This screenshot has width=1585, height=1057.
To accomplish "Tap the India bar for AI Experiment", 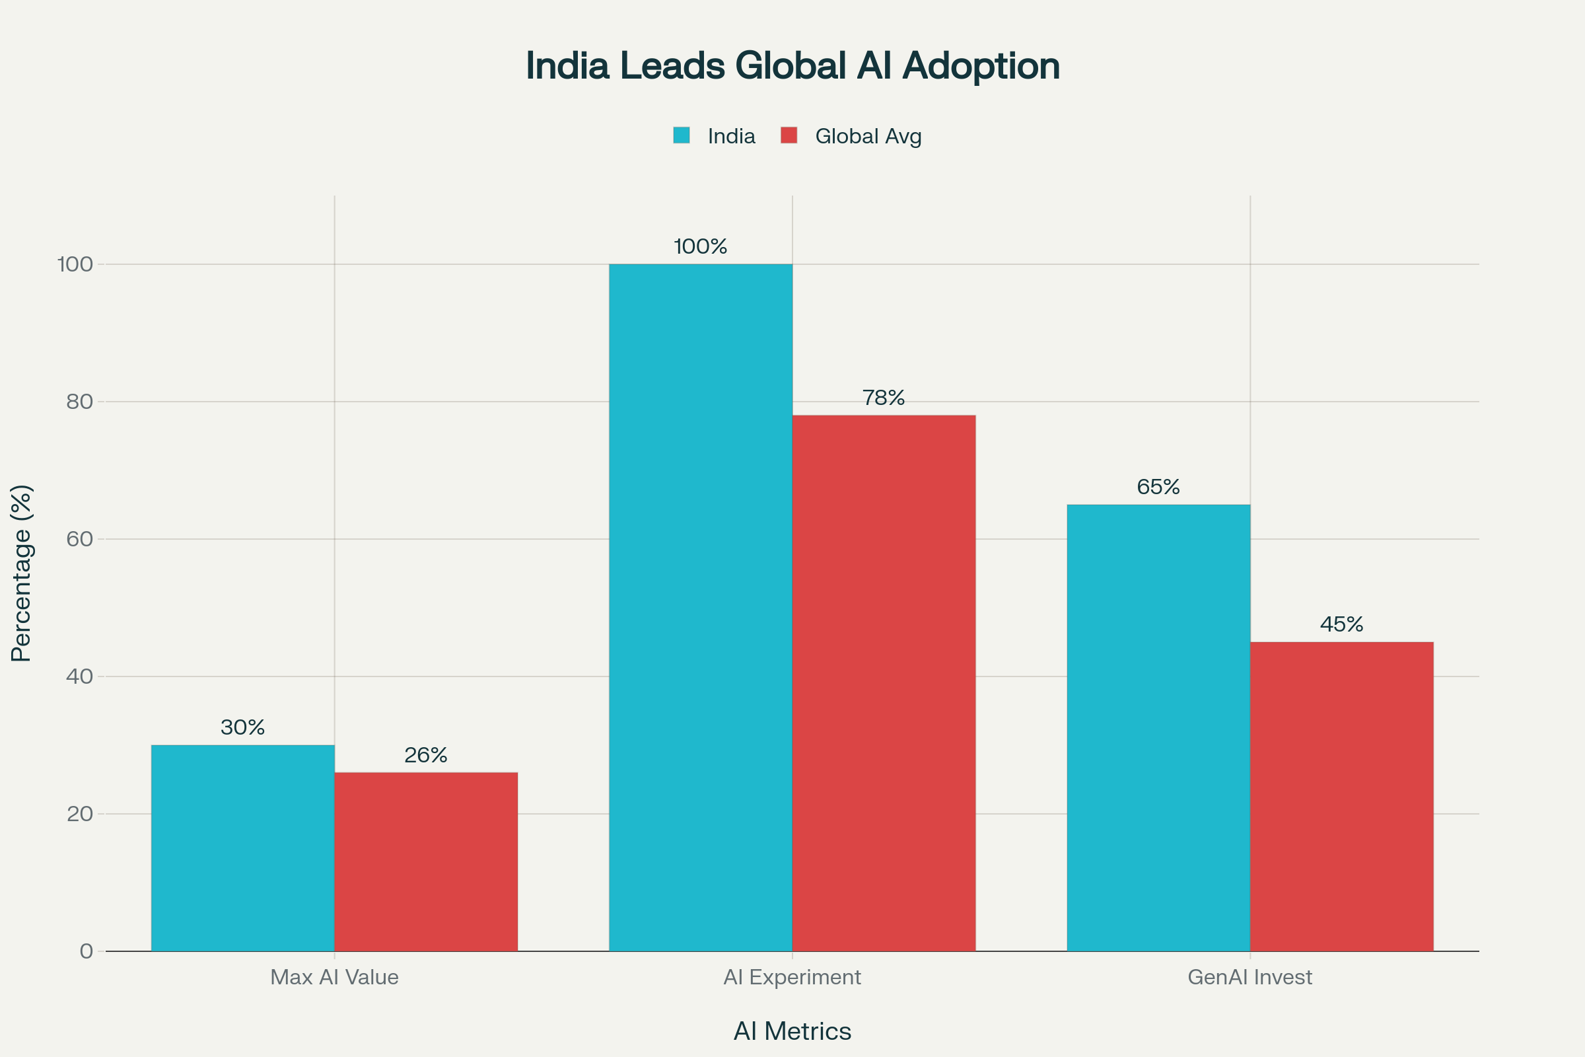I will pos(700,606).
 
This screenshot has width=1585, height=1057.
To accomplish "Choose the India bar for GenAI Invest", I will pos(1158,727).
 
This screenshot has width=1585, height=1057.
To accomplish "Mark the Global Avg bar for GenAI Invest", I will pos(1342,796).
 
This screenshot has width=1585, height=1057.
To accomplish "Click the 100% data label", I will pos(700,246).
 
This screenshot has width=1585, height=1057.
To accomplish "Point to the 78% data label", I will pos(884,398).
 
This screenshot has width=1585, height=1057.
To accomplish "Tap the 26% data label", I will pos(426,755).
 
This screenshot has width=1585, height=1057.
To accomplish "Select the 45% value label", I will pos(1342,624).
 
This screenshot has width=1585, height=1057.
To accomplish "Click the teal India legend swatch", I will pos(682,135).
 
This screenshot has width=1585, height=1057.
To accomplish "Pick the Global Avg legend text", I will pos(868,136).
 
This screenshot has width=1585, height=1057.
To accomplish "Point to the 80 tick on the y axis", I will pos(79,402).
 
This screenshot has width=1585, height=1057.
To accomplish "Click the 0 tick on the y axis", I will pos(87,951).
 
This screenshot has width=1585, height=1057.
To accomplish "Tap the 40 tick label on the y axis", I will pos(79,676).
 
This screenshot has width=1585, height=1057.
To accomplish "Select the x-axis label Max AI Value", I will pos(334,977).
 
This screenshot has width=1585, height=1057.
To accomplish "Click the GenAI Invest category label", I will pos(1250,977).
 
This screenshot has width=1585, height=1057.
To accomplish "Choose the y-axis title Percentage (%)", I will pos(22,573).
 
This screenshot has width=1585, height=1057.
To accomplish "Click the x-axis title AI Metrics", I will pos(792,1031).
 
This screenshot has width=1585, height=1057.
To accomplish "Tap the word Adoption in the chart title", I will pos(981,66).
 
